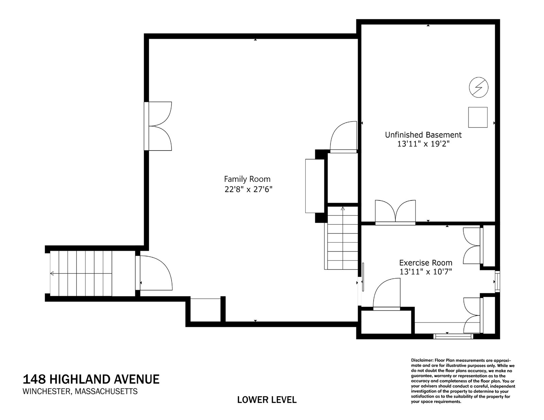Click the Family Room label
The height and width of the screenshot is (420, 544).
coord(247,179)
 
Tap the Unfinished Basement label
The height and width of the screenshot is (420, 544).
coord(423,135)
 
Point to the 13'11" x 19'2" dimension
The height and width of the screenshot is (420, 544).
coord(423,144)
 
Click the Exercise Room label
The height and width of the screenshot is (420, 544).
coord(425,263)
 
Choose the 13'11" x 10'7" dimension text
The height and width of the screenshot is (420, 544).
coord(425,272)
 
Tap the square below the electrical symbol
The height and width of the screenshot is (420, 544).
coord(478,117)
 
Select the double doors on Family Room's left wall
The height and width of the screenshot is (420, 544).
coord(159,126)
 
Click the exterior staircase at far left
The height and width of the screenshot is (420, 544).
coord(81,273)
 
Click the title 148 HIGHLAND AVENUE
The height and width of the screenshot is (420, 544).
coord(91,379)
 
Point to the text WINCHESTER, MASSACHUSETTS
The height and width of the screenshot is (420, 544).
coord(80,391)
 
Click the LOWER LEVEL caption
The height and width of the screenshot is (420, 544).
coord(267,400)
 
